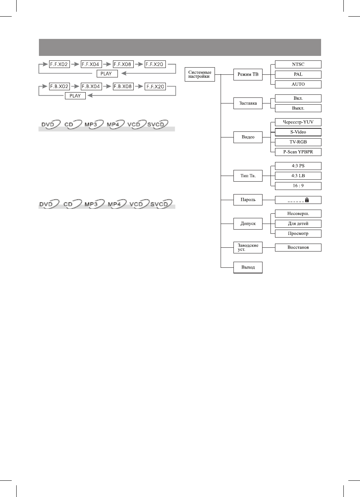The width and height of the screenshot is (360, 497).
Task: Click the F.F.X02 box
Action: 59,64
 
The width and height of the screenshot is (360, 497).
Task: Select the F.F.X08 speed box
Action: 123,64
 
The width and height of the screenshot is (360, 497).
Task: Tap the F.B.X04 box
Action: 91,86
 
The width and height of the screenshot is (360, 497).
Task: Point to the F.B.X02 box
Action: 59,86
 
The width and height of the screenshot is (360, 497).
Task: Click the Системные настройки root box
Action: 200,74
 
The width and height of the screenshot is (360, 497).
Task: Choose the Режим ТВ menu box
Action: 248,74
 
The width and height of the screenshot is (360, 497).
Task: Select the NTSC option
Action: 298,64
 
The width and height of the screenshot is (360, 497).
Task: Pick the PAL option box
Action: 298,74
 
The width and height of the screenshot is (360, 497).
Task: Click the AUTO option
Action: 298,84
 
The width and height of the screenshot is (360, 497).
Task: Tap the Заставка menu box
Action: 248,103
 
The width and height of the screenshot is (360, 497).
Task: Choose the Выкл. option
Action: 298,108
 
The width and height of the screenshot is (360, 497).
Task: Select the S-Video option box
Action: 298,132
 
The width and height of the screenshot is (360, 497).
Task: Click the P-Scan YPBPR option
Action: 298,152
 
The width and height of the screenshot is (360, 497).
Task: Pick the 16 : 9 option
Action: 298,186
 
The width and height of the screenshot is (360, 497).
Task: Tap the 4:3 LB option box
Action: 298,176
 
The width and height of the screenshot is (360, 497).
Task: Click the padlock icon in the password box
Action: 307,200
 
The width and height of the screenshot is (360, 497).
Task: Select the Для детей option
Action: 298,224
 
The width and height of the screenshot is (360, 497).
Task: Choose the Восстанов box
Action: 298,247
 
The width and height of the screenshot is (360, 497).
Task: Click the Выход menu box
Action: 248,267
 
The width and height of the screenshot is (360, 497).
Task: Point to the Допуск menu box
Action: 248,224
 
